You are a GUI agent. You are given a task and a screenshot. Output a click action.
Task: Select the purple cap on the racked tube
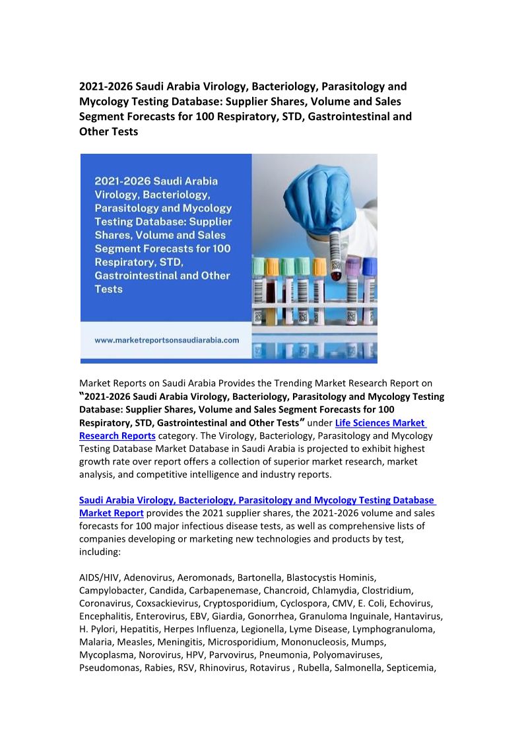coord(354,265)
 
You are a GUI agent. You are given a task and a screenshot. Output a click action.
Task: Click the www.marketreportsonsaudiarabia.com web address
coord(167,340)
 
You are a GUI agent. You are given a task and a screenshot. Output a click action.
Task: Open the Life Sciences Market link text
coord(380,423)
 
